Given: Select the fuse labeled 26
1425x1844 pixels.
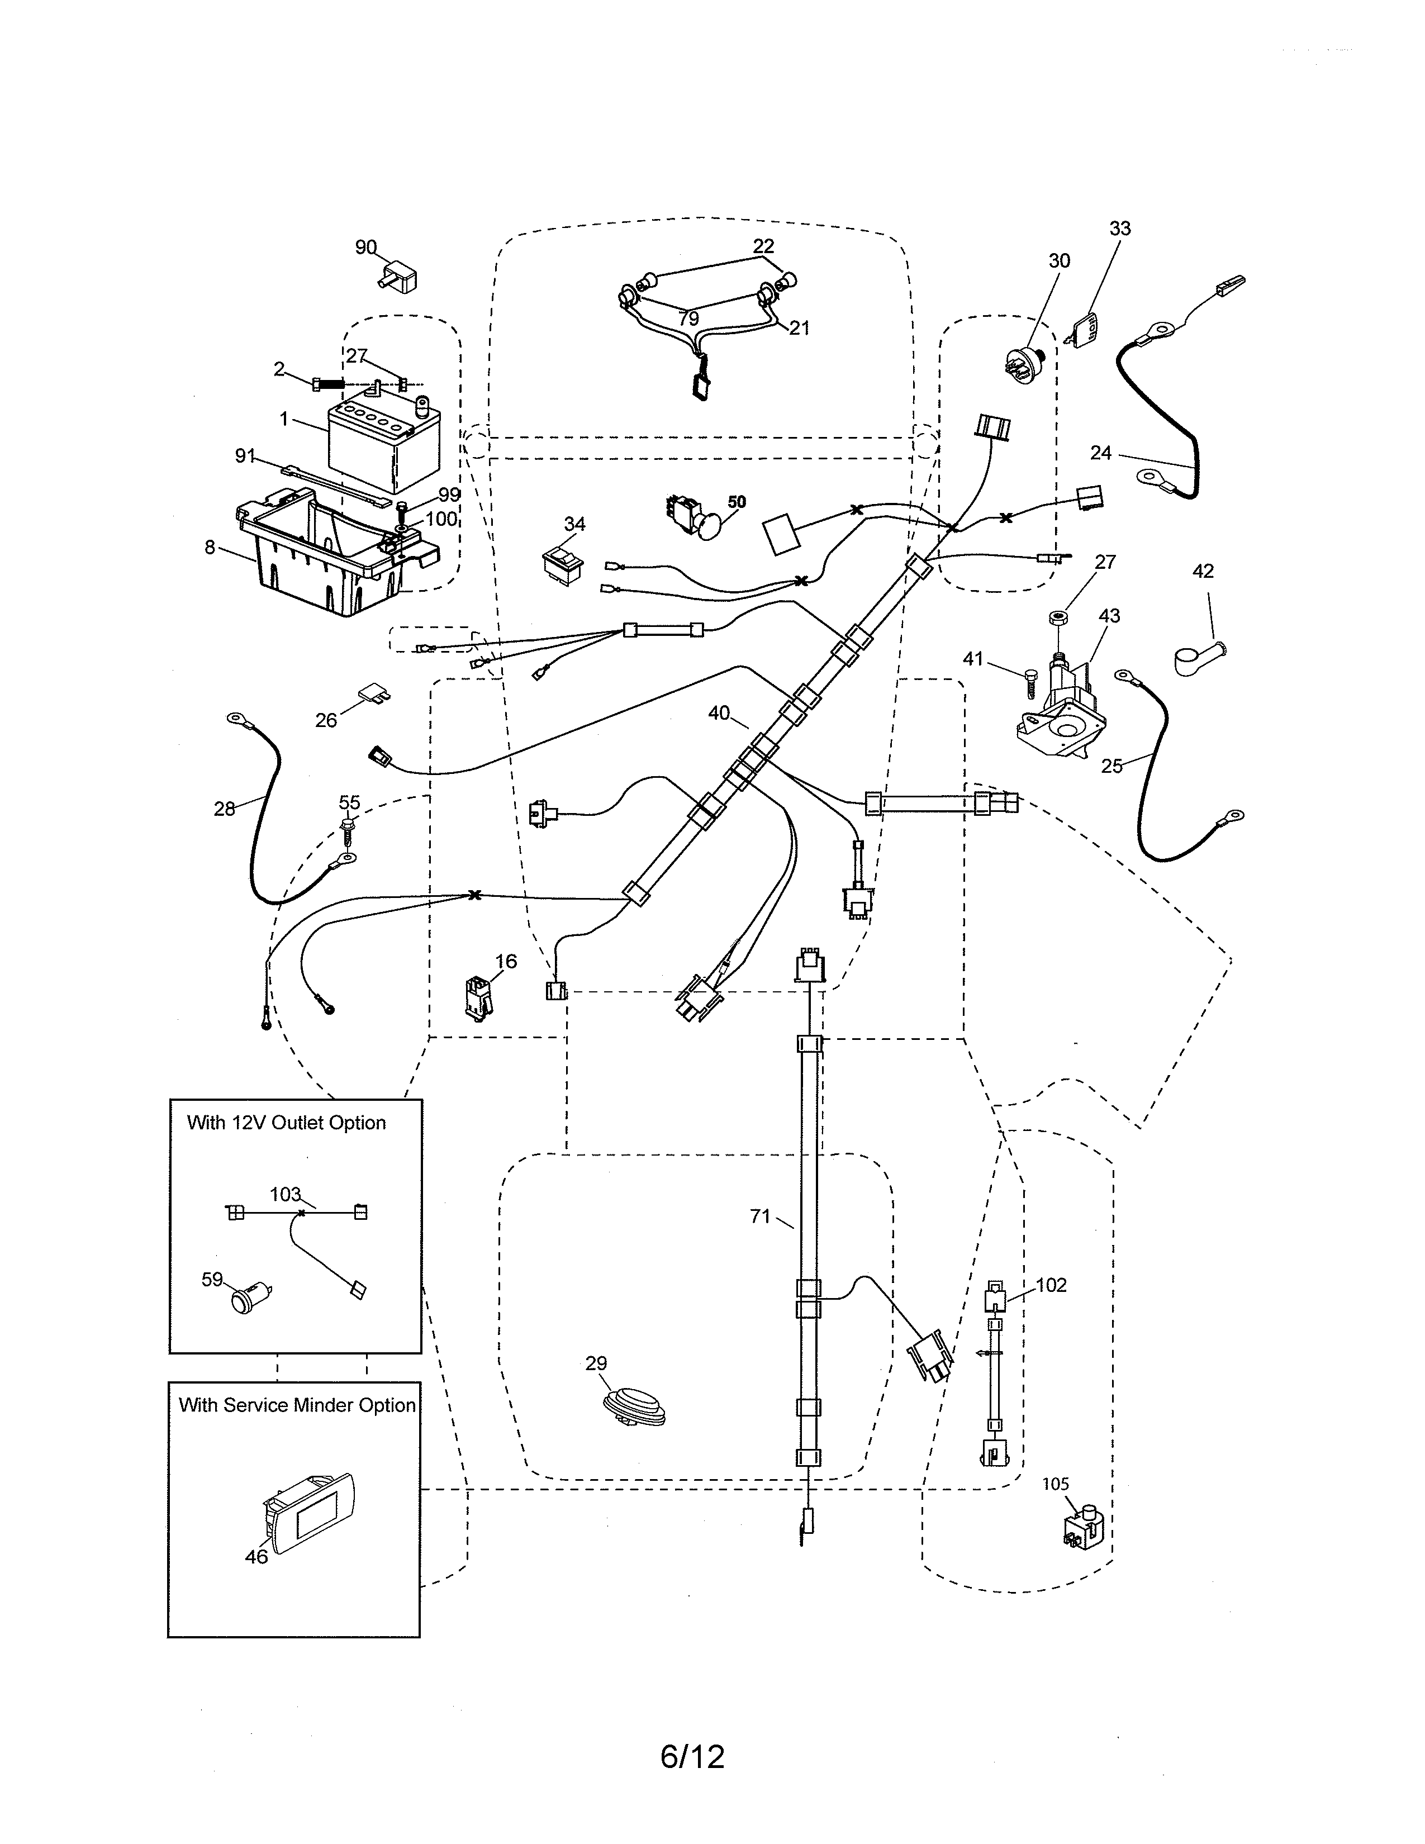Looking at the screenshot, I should [x=373, y=694].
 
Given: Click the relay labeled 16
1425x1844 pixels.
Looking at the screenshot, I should [x=478, y=997].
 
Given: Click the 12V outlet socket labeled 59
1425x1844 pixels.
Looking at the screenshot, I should [x=248, y=1301].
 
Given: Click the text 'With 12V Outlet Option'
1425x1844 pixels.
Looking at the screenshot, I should [x=286, y=1123].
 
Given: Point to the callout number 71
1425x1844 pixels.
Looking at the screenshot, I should [x=760, y=1216].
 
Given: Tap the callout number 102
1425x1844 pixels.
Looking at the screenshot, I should [x=1051, y=1285].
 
